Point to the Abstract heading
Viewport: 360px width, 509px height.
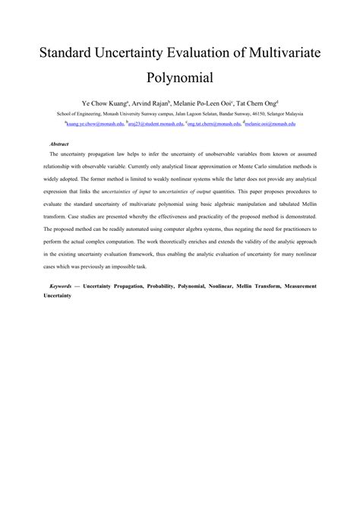point(59,143)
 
